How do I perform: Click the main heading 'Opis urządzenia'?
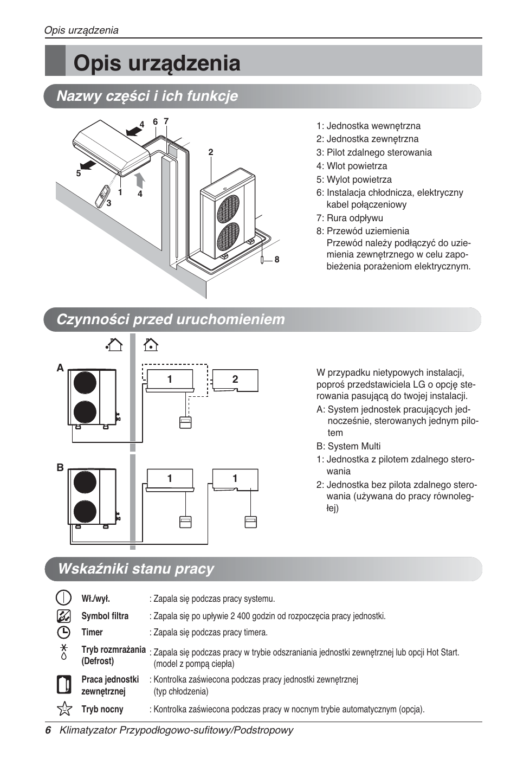click(157, 63)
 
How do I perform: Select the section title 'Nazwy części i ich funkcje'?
click(147, 96)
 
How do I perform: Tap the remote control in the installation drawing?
click(102, 196)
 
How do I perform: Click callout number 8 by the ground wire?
click(277, 260)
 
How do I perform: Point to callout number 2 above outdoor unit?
click(211, 152)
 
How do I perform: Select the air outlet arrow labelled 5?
click(86, 164)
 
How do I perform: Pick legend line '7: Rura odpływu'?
click(350, 218)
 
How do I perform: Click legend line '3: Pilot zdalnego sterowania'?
click(374, 152)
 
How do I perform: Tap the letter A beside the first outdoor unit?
click(60, 368)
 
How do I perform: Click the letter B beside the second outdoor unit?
click(60, 467)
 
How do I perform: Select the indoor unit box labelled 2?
click(235, 379)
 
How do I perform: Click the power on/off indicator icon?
click(63, 598)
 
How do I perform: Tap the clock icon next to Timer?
click(63, 632)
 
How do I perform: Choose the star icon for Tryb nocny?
click(64, 709)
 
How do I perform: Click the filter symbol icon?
click(63, 616)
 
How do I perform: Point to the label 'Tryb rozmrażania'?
click(113, 649)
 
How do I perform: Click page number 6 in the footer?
click(48, 730)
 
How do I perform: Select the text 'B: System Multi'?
click(348, 446)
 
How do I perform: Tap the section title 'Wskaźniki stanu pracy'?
click(135, 569)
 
